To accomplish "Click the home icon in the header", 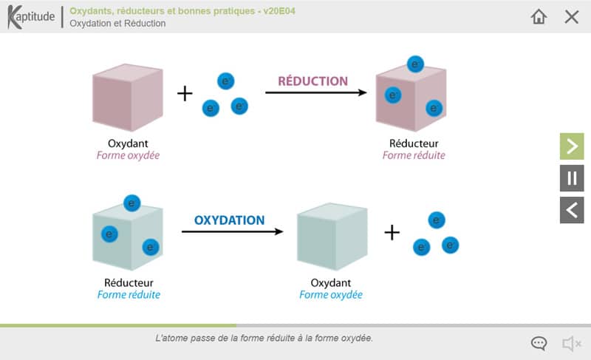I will pos(539,16).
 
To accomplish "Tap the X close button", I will pos(572,16).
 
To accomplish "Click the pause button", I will pos(572,178).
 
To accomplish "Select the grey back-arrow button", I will pos(572,210).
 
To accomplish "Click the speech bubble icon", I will pos(539,343).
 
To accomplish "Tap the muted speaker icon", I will pos(571,343).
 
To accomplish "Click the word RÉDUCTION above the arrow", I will pos(312,81).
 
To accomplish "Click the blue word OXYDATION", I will pos(229,220).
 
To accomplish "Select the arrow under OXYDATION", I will pos(232,231).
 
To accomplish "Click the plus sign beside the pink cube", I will pos(185,93).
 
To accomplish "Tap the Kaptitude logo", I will pos(31,17).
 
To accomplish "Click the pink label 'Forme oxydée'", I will pos(128,156).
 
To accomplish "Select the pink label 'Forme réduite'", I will pos(414,156).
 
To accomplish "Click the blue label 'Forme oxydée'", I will pos(331,295).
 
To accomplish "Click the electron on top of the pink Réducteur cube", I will pos(414,64).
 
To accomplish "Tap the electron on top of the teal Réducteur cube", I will pos(132,203).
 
